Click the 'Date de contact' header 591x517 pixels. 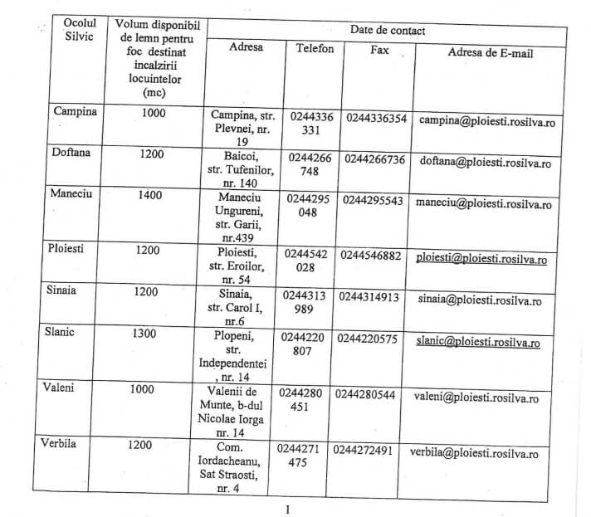tap(388, 30)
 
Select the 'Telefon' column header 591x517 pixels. tap(315, 49)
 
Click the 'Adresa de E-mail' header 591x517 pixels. tap(490, 53)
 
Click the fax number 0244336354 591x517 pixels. tap(376, 119)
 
